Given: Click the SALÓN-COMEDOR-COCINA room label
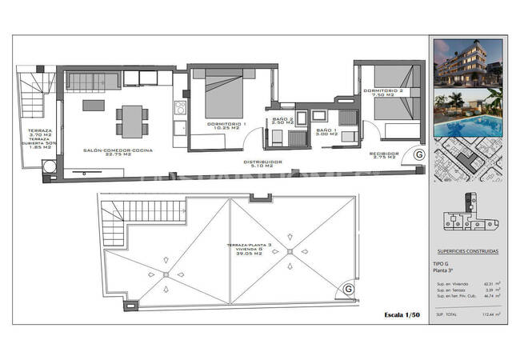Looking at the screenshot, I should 117,150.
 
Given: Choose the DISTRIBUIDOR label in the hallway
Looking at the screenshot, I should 263,162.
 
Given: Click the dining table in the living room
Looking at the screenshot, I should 130,120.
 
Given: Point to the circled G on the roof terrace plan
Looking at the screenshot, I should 348,288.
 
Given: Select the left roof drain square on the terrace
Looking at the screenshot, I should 166,275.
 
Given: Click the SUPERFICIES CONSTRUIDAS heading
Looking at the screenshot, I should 468,251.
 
